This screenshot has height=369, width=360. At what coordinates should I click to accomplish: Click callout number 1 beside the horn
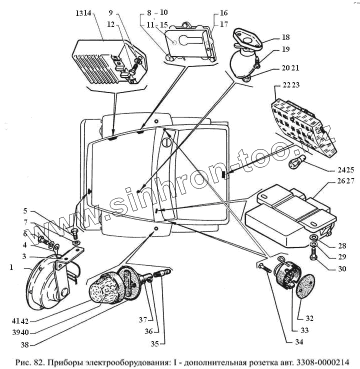click(10, 267)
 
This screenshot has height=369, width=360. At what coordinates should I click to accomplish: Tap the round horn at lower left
click(47, 282)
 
